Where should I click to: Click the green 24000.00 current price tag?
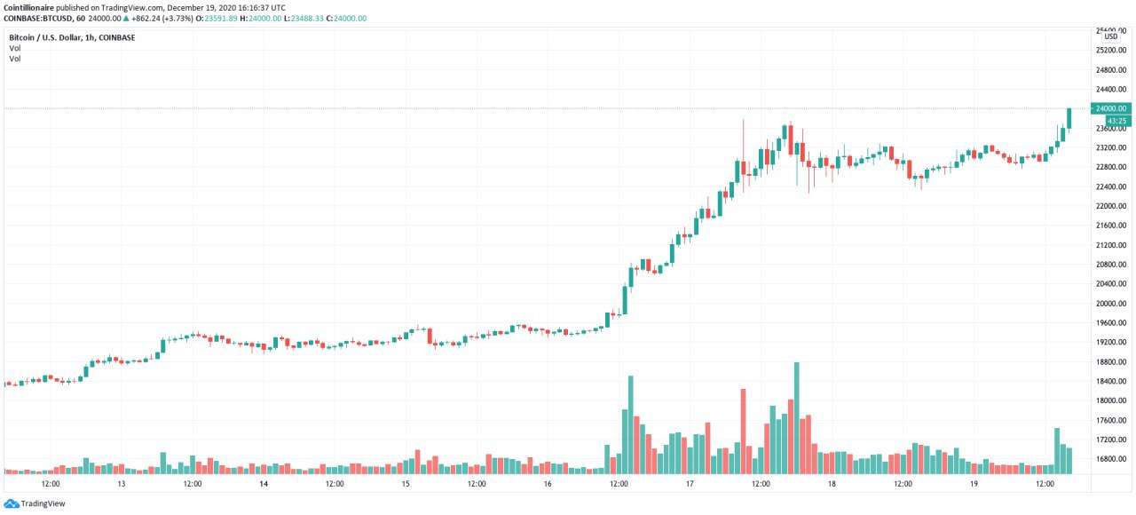pos(1110,108)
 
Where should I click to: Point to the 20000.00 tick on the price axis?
pos(1110,303)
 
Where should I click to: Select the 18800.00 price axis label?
pos(1110,361)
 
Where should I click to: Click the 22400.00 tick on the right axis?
pos(1110,186)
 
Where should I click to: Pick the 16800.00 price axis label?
pos(1110,459)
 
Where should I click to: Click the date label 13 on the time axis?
pos(122,485)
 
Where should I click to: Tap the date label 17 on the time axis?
pos(690,485)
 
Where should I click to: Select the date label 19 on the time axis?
pos(974,485)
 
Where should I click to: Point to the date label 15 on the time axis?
pos(406,485)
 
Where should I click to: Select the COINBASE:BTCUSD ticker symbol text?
pos(40,19)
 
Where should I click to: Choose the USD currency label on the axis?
pos(1110,36)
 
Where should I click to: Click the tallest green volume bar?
pos(797,417)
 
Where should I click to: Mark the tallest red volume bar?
pos(743,431)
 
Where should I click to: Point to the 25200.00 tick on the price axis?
pos(1110,51)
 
